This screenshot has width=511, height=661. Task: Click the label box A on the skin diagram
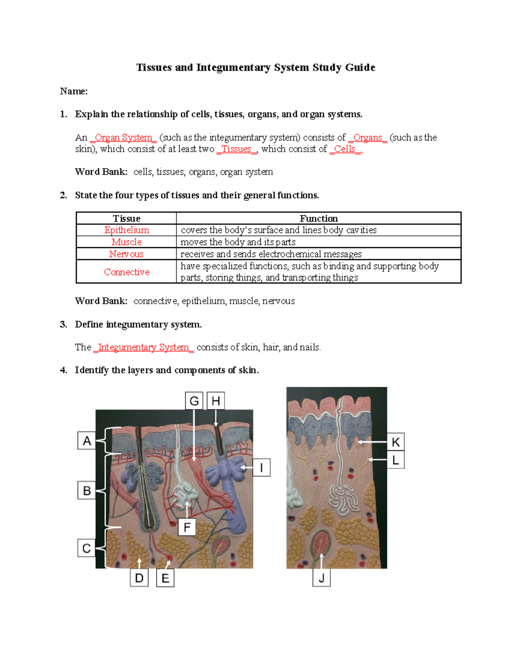pyautogui.click(x=87, y=441)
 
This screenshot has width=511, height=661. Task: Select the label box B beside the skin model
pyautogui.click(x=86, y=490)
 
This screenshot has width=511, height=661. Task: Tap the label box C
pyautogui.click(x=86, y=548)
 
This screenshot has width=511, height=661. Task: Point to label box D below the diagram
pyautogui.click(x=139, y=578)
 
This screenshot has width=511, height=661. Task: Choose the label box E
pyautogui.click(x=165, y=578)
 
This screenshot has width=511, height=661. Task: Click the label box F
pyautogui.click(x=187, y=527)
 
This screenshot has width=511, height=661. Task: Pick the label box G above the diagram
pyautogui.click(x=194, y=401)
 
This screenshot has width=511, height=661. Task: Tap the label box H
pyautogui.click(x=216, y=401)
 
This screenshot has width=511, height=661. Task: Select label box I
pyautogui.click(x=261, y=468)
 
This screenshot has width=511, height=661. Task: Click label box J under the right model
pyautogui.click(x=322, y=578)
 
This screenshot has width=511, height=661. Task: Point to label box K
pyautogui.click(x=396, y=442)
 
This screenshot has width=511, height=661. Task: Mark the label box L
pyautogui.click(x=396, y=460)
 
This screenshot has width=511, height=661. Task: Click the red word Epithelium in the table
pyautogui.click(x=126, y=230)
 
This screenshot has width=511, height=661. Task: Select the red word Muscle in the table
pyautogui.click(x=126, y=242)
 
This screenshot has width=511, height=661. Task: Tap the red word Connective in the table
pyautogui.click(x=126, y=272)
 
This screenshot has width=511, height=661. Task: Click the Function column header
pyautogui.click(x=319, y=218)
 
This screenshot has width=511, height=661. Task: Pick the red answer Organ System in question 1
pyautogui.click(x=123, y=138)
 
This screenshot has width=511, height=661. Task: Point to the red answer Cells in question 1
pyautogui.click(x=344, y=149)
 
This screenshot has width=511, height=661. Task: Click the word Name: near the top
pyautogui.click(x=74, y=91)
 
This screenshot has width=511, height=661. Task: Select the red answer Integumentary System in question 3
pyautogui.click(x=144, y=347)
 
